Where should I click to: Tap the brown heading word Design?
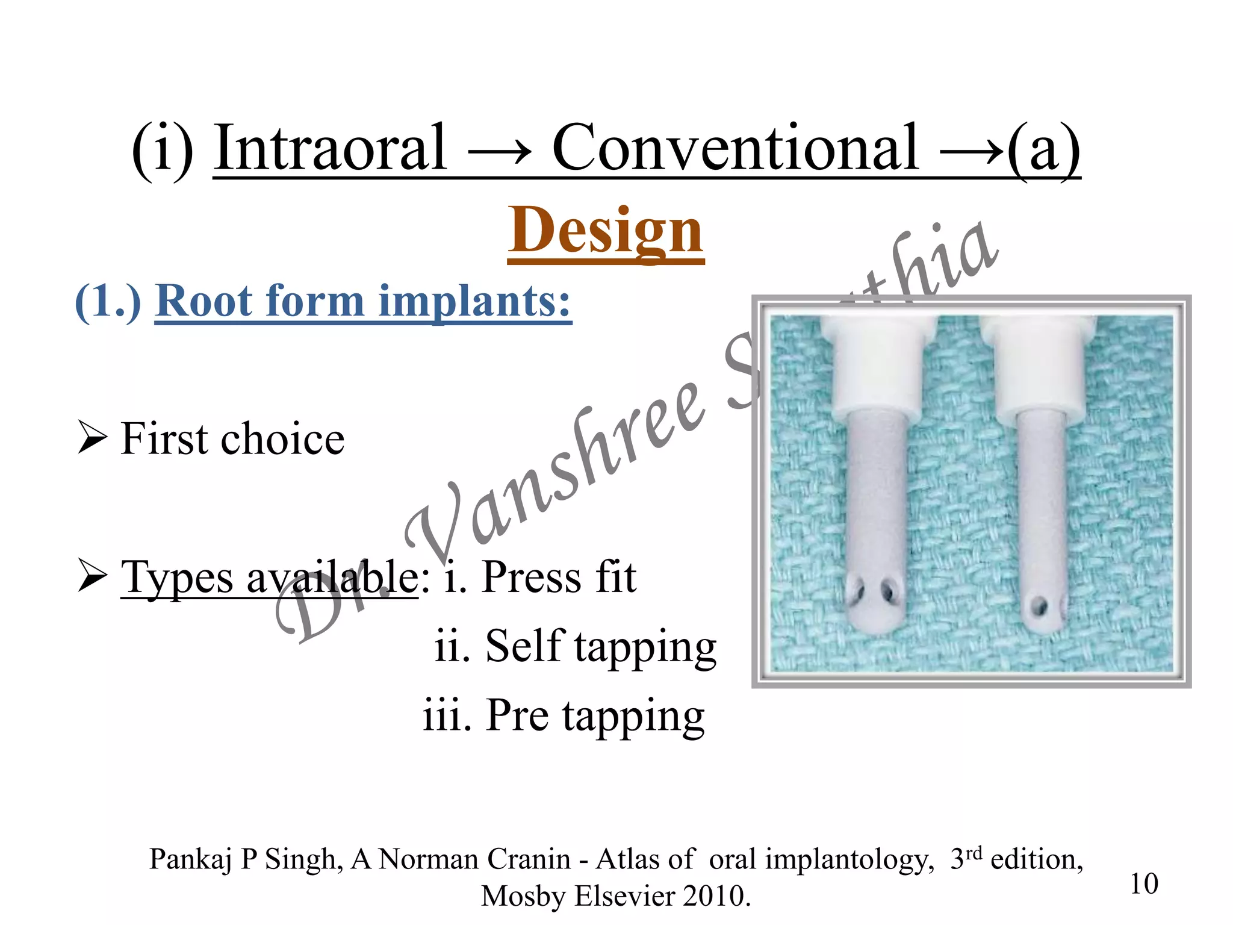(606, 231)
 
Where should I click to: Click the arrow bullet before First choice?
(92, 438)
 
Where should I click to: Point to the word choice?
(282, 439)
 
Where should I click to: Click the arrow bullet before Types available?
(92, 576)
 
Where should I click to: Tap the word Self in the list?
(524, 646)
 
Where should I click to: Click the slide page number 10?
(1143, 884)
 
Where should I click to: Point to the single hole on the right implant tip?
(1039, 604)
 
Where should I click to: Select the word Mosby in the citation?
(523, 896)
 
